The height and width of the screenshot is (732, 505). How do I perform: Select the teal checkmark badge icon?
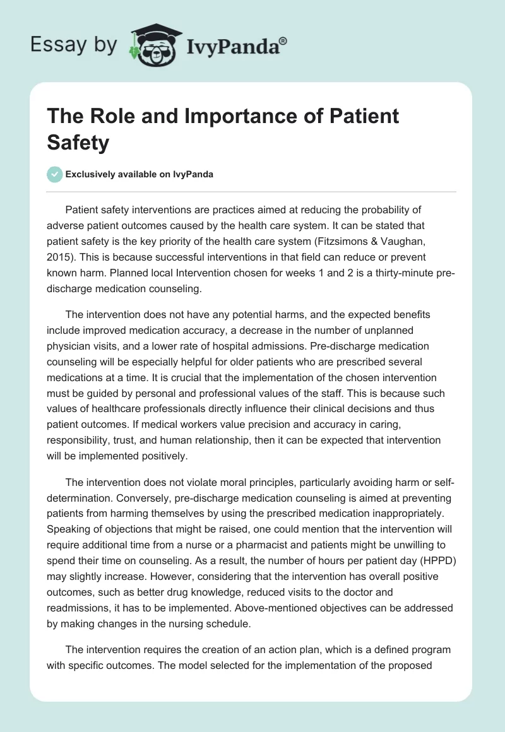[55, 174]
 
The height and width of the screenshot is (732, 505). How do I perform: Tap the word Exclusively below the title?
[92, 174]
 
